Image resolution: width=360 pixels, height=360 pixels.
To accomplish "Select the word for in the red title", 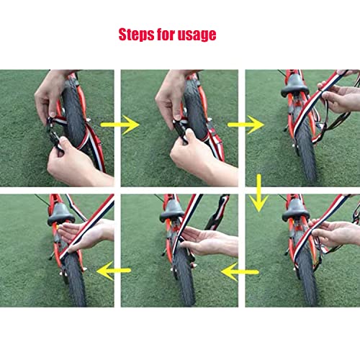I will click(x=163, y=34).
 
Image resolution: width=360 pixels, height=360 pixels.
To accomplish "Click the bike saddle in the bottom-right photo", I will click(x=295, y=210).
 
